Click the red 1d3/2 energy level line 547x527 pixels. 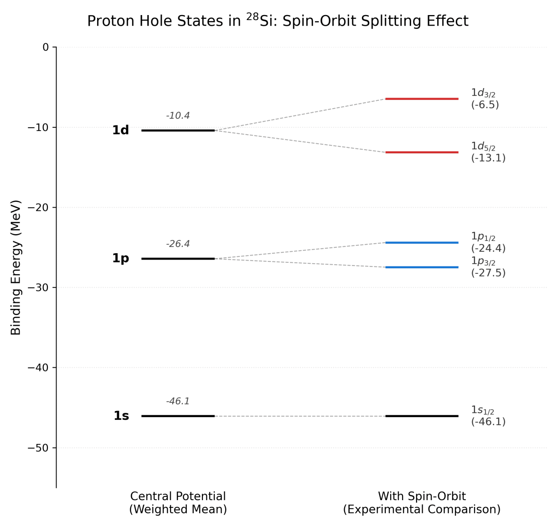(422, 99)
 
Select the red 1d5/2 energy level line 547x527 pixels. (422, 152)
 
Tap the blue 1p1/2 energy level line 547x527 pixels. (422, 242)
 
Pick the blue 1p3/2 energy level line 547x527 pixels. (422, 267)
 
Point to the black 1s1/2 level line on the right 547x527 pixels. (422, 416)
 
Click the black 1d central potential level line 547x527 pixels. (178, 130)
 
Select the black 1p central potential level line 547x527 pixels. (178, 259)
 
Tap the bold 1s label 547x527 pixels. (121, 416)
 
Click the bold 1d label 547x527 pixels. (121, 130)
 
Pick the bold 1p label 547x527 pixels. (121, 259)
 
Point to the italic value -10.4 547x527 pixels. (178, 116)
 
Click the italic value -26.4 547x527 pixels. (178, 244)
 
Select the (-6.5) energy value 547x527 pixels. (485, 105)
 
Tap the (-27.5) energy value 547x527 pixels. (488, 273)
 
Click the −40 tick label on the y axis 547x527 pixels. (39, 368)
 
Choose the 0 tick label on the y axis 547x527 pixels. (46, 47)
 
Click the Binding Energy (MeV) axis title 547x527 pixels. (16, 267)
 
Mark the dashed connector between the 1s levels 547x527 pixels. (300, 416)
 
